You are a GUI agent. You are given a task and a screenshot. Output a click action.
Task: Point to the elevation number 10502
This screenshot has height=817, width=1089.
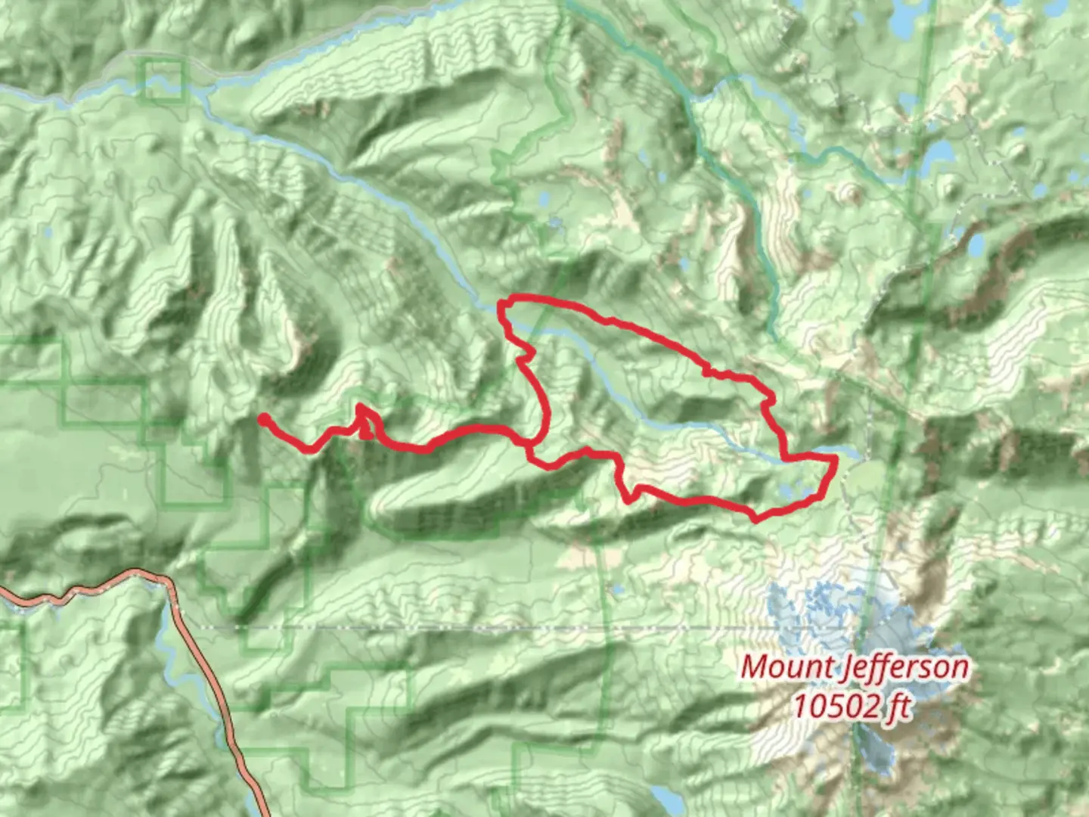click(834, 707)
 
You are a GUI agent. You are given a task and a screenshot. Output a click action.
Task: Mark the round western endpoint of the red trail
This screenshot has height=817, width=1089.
click(263, 418)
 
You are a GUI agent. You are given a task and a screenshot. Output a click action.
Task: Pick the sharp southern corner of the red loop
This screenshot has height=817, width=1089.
click(755, 519)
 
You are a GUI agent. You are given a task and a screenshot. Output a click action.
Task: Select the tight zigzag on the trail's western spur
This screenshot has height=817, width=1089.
click(364, 420)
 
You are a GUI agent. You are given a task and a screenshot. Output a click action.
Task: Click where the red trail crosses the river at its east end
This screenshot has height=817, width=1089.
click(786, 458)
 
